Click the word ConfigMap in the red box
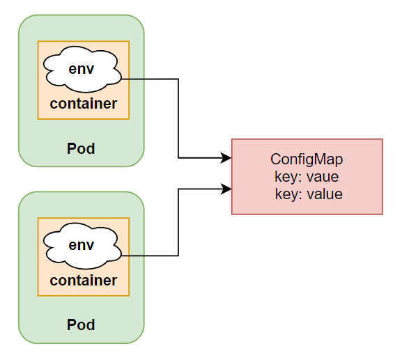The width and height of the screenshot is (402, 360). (307, 159)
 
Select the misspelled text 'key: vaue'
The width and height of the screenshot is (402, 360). (307, 177)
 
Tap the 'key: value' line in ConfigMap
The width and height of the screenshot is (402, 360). (308, 194)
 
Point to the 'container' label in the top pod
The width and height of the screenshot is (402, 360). (83, 104)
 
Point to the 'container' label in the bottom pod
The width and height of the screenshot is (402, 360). (83, 281)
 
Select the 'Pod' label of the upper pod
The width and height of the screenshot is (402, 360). (81, 148)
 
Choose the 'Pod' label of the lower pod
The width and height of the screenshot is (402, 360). (81, 324)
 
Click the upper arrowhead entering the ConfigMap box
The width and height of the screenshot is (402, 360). (226, 158)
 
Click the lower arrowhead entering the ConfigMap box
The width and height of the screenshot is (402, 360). (226, 188)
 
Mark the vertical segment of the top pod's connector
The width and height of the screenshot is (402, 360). (178, 118)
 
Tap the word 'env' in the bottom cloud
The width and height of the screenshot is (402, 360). (82, 245)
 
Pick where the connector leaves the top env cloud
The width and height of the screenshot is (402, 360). (123, 79)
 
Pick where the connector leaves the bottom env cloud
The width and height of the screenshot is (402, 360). (123, 256)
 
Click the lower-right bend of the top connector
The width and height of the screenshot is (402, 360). (178, 158)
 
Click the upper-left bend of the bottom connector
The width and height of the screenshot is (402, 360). (178, 188)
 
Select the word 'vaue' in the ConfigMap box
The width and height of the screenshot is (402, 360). (323, 177)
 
